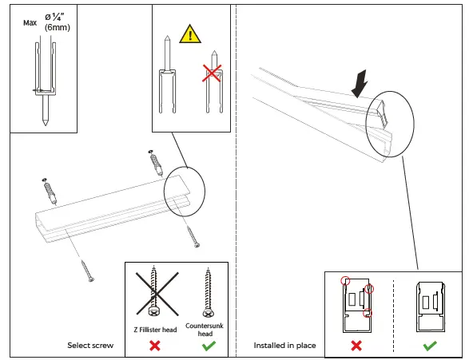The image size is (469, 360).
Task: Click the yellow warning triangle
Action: point(190,34)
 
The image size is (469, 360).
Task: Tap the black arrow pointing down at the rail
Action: point(360,83)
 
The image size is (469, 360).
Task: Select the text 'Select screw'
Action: point(90,346)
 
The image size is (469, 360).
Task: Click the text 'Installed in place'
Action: point(284,346)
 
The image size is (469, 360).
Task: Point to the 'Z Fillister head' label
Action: point(155,330)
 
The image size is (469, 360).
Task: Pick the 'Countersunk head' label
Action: point(205,330)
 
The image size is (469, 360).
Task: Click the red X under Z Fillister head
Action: point(155,346)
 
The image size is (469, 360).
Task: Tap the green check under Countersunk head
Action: point(209,346)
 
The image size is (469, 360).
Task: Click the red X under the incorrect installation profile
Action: point(356,346)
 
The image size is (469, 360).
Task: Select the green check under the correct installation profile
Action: point(430,346)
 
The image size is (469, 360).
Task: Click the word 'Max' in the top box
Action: point(30,23)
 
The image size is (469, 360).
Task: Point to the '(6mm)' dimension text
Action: point(58,27)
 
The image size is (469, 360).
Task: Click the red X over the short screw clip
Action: point(212,73)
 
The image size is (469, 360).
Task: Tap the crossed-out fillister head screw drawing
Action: point(155,291)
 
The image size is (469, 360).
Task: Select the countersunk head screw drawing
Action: point(208,294)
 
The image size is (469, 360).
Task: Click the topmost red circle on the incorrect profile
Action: point(345,280)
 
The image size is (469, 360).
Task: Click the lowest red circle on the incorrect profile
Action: point(368,313)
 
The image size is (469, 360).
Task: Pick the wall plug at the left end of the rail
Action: point(50,191)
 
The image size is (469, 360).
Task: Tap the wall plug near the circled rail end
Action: point(156,163)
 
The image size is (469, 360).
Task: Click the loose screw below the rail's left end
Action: point(87,271)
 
